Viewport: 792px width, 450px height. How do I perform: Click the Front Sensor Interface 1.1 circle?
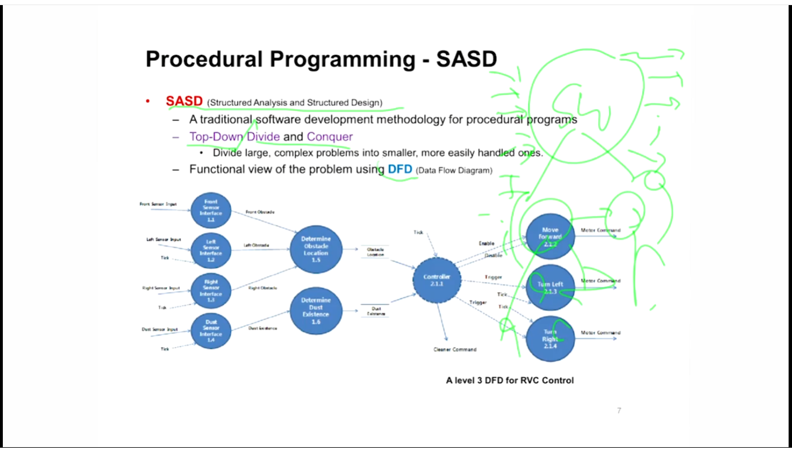[x=210, y=211]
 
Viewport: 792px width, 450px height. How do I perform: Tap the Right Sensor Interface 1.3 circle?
[x=210, y=291]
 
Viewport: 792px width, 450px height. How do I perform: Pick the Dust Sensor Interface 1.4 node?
[x=210, y=331]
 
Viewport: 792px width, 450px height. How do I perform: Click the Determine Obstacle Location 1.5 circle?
[x=316, y=250]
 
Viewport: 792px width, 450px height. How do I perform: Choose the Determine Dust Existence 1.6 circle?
[x=316, y=311]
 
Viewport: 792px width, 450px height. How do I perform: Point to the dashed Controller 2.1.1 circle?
[x=437, y=280]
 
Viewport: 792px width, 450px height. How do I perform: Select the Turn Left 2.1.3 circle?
[x=550, y=287]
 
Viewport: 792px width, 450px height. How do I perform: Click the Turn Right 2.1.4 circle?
[x=550, y=338]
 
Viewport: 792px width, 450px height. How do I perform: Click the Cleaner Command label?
[x=455, y=349]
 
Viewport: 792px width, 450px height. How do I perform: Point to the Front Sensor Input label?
[x=158, y=204]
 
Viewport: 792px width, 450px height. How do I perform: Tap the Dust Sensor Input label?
[x=160, y=329]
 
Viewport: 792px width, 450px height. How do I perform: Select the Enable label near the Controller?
[x=487, y=243]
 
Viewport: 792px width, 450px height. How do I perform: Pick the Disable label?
[x=493, y=256]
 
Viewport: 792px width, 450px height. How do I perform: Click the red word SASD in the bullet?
[x=184, y=101]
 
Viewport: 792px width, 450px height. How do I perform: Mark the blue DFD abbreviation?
[x=400, y=169]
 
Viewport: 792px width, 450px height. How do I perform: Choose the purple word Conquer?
[x=330, y=137]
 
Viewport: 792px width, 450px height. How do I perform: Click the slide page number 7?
[x=619, y=410]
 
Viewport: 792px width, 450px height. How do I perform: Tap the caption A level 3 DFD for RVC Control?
[x=510, y=380]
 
